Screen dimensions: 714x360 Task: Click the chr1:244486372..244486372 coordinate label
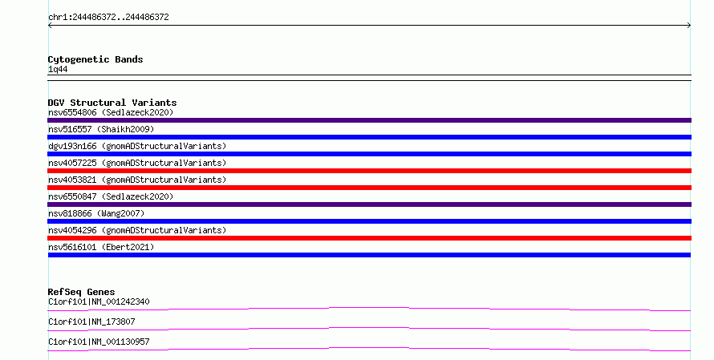[x=108, y=18]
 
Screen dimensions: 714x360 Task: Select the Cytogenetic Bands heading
[x=95, y=59]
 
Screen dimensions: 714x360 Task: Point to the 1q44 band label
[x=58, y=70]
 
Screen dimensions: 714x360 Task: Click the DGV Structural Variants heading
[x=112, y=103]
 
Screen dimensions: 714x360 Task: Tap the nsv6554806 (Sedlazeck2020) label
[x=111, y=112]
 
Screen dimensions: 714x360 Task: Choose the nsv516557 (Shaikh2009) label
[x=101, y=129]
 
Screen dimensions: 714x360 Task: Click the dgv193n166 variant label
[x=137, y=146]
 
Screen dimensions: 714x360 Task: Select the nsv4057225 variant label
[x=137, y=163]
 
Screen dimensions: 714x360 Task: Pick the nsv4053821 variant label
[x=137, y=180]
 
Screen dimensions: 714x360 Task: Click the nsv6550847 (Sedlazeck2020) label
[x=111, y=196]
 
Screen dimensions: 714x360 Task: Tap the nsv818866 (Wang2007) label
[x=96, y=213]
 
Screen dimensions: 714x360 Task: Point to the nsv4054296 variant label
[x=137, y=230]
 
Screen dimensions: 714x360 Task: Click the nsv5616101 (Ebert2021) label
[x=101, y=247]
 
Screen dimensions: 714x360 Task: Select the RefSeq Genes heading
[x=81, y=292]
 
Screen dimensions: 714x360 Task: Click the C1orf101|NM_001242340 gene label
[x=99, y=301]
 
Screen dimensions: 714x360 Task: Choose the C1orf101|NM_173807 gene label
[x=91, y=322]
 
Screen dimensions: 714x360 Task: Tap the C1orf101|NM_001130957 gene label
[x=99, y=342]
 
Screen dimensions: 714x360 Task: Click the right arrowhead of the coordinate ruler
[x=690, y=26]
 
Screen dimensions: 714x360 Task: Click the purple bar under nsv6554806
[x=369, y=120]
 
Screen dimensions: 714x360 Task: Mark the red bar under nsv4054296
[x=369, y=238]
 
